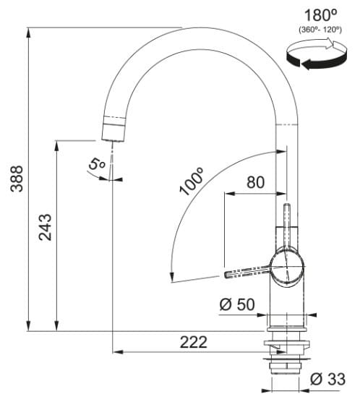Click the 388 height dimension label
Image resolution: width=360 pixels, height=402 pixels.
(17, 179)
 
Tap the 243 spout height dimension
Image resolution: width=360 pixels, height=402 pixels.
(45, 228)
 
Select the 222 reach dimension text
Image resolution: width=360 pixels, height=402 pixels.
(193, 342)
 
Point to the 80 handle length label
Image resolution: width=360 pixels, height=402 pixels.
(255, 182)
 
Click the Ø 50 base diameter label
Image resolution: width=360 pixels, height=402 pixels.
(237, 304)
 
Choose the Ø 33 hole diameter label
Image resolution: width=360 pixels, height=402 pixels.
(327, 379)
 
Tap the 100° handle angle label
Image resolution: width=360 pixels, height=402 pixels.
(191, 181)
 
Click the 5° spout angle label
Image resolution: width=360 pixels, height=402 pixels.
(96, 164)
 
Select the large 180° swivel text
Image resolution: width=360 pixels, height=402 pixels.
(320, 15)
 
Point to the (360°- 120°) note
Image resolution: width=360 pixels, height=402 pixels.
(320, 30)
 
